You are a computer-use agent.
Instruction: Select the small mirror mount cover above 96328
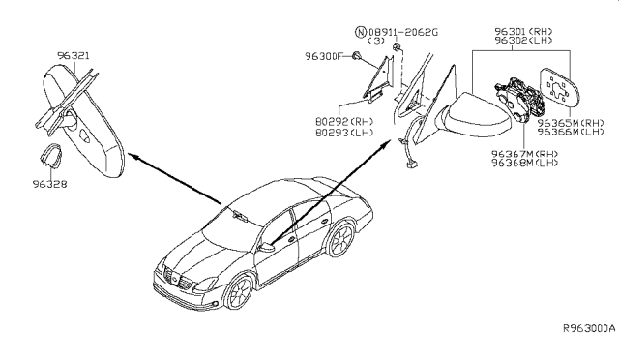52,155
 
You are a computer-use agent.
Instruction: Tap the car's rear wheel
339,240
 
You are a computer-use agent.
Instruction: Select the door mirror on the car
269,248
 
